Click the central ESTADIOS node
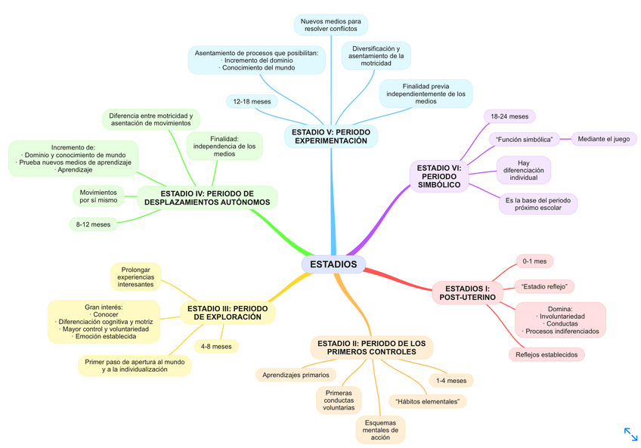(x=333, y=264)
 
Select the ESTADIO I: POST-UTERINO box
(x=467, y=293)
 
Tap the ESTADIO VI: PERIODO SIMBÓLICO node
(x=439, y=175)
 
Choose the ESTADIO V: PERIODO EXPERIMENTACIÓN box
(x=331, y=136)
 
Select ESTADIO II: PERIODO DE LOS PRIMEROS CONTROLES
(x=371, y=348)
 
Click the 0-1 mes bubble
(x=534, y=261)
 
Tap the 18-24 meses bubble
(x=509, y=116)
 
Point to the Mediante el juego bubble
(x=603, y=139)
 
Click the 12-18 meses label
(x=252, y=101)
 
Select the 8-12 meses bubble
(x=93, y=224)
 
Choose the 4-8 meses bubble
(x=215, y=346)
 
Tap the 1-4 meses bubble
(x=451, y=380)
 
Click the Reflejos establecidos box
(x=546, y=354)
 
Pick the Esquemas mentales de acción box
(x=380, y=430)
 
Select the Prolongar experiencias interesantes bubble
(x=136, y=277)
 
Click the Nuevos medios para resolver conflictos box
(x=330, y=25)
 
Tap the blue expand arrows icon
(x=630, y=434)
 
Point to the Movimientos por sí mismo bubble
(x=98, y=196)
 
